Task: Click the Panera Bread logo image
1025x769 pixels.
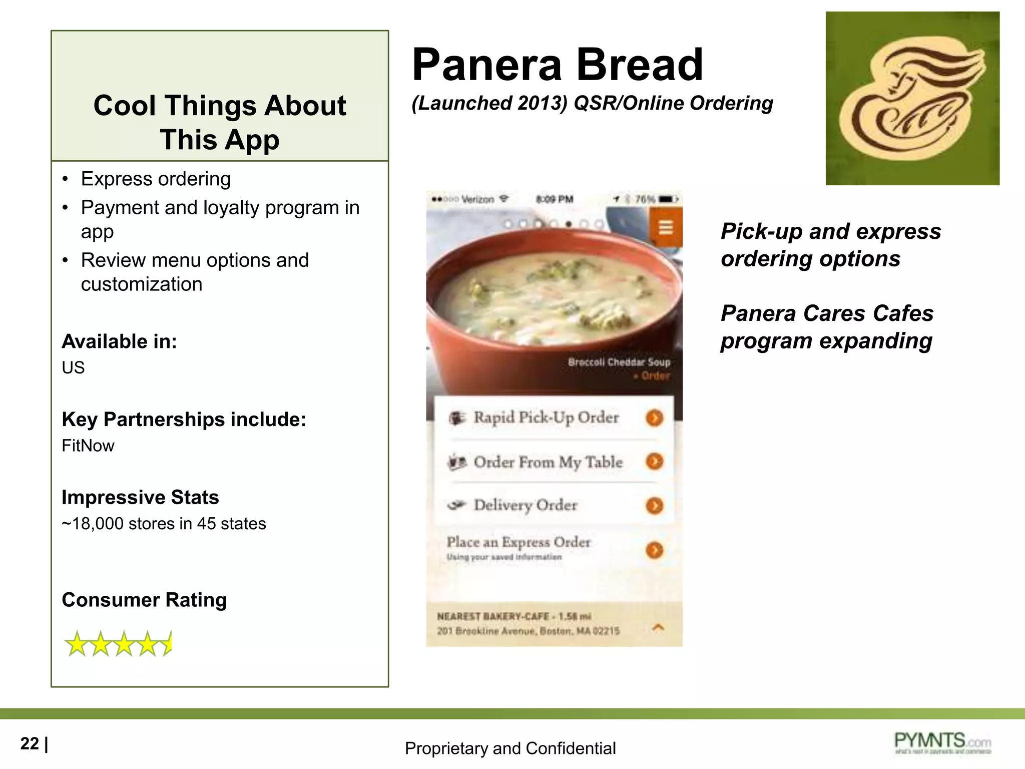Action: pos(912,99)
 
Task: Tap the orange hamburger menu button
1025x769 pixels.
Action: pos(665,228)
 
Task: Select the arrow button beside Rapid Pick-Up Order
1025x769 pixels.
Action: pos(654,418)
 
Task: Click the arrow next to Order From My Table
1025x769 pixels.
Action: pos(654,461)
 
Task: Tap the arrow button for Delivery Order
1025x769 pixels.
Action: pos(654,505)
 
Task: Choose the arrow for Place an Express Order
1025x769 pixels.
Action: pos(654,550)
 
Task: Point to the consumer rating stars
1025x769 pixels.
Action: pos(118,643)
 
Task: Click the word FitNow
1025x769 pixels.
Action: pos(88,446)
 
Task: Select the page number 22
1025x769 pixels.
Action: pos(30,743)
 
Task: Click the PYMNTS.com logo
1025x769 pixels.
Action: pos(942,742)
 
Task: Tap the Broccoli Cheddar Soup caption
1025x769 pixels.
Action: pos(619,362)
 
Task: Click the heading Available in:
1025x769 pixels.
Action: pos(119,341)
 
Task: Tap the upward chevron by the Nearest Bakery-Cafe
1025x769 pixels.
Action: pos(659,627)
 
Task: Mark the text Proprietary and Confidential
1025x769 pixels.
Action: pos(510,748)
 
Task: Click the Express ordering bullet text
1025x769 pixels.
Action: pos(156,179)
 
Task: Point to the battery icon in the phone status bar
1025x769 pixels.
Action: pos(667,199)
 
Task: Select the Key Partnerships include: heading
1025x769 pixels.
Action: pos(184,420)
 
